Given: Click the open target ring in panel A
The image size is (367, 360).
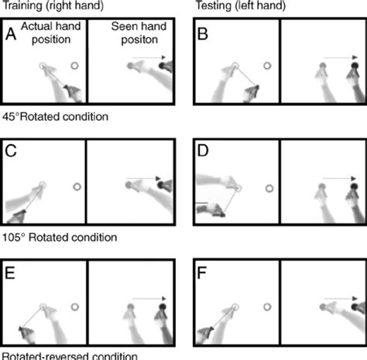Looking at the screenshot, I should pyautogui.click(x=74, y=67).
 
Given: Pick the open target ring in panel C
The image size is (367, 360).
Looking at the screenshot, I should pyautogui.click(x=77, y=187).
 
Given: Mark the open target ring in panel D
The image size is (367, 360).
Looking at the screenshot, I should pyautogui.click(x=269, y=187).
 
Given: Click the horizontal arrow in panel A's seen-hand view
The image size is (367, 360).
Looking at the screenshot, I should pyautogui.click(x=147, y=58).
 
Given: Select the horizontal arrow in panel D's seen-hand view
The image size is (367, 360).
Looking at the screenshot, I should pyautogui.click(x=340, y=179).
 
